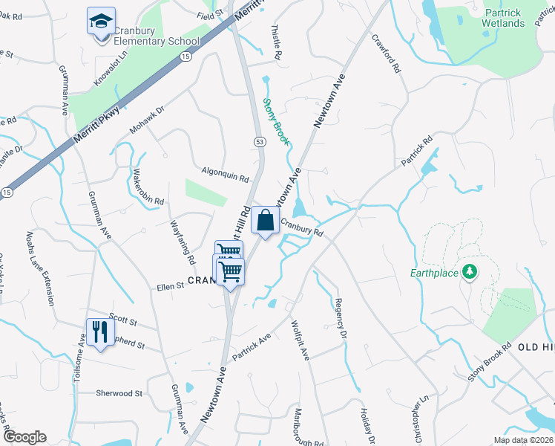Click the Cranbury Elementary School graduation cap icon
pos(101,21)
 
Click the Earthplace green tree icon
pos(468,273)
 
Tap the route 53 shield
pos(259,141)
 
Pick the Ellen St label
pos(169,286)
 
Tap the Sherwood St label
pos(119,393)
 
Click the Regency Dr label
pos(341,319)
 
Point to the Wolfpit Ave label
pos(301,341)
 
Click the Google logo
pos(24,437)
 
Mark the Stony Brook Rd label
pos(490,362)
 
